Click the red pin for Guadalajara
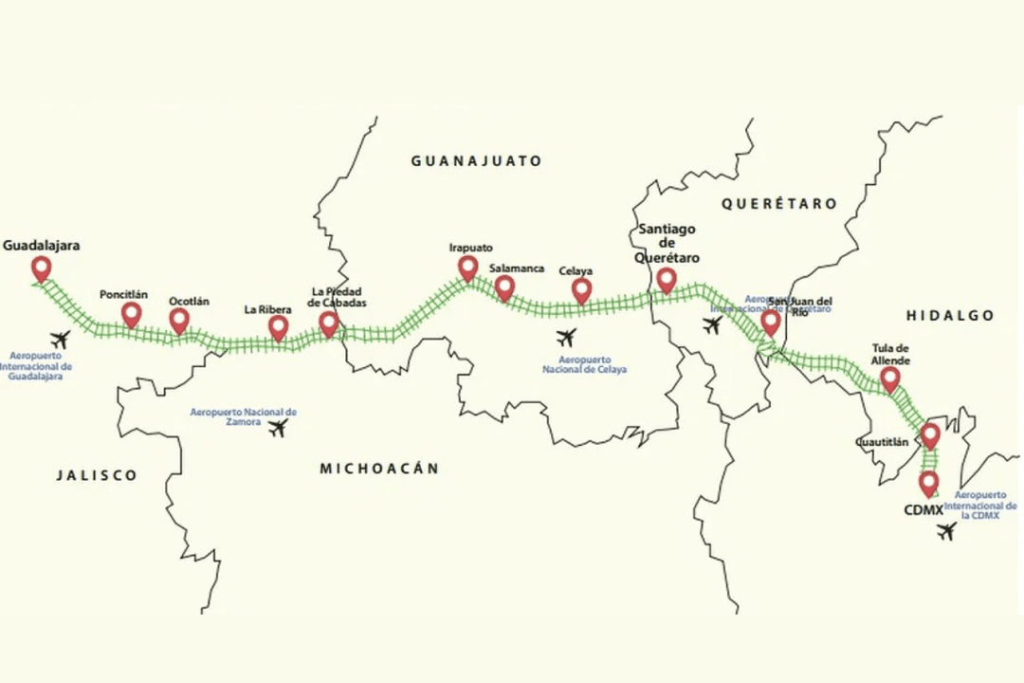click(41, 268)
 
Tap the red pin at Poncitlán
click(132, 314)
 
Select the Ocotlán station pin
click(179, 320)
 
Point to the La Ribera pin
click(278, 327)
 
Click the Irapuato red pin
click(467, 268)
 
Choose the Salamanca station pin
click(504, 286)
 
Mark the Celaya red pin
click(581, 290)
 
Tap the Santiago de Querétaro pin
click(667, 279)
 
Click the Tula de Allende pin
click(889, 379)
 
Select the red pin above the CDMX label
click(928, 483)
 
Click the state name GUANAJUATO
click(476, 161)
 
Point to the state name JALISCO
click(96, 475)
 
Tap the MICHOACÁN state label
click(379, 469)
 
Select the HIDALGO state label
click(949, 316)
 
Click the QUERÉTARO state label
click(778, 204)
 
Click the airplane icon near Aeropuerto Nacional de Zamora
click(277, 429)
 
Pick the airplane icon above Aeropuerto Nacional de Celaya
click(567, 337)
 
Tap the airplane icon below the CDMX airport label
click(945, 532)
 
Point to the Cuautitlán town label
click(881, 442)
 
